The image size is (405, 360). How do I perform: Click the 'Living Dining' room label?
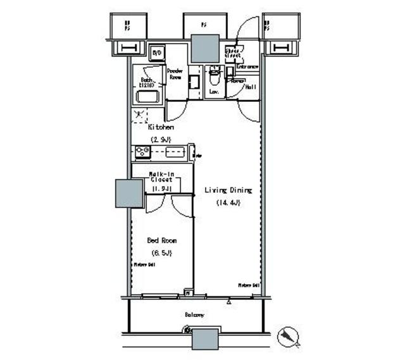coord(227,190)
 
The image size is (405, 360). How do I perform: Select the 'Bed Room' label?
coord(161,240)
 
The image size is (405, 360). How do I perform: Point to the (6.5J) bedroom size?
coord(161,253)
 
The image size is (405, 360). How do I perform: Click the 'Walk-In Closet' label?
coord(161,180)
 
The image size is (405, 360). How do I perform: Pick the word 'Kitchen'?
coord(161,127)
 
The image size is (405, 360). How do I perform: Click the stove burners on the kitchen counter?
coord(142,151)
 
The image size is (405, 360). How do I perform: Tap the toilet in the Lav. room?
coord(214,79)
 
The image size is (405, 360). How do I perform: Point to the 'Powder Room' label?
coord(175,74)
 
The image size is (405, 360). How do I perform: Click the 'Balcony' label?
coord(194,314)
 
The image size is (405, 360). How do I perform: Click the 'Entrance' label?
coord(247,66)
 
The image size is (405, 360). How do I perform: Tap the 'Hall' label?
coord(250,87)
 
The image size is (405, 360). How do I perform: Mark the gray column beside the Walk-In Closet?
coord(129,194)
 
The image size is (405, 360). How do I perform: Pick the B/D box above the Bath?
coord(157,52)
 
